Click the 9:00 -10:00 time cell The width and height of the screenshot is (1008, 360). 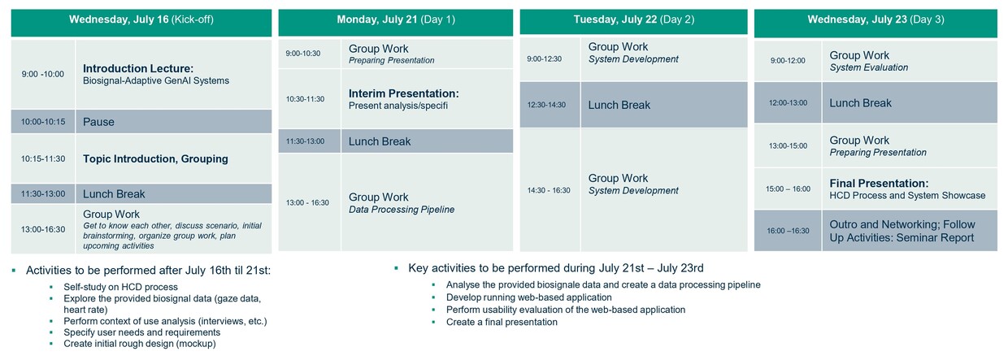[43, 74]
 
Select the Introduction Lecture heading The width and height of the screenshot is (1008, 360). [138, 68]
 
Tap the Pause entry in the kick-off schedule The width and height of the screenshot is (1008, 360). [98, 122]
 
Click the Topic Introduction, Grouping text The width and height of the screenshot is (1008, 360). [155, 158]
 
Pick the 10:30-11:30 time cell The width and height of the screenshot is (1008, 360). [305, 99]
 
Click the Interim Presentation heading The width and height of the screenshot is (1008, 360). [404, 93]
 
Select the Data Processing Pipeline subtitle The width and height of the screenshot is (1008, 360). [402, 209]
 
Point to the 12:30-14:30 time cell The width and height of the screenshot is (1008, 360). [546, 105]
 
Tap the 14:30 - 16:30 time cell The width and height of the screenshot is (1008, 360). [549, 190]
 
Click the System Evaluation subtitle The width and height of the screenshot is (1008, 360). [868, 67]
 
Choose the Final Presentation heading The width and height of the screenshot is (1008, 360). [879, 184]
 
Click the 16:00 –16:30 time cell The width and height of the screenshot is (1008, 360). [788, 231]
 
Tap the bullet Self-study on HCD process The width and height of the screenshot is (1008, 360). [120, 287]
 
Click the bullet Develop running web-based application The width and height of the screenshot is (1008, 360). [528, 297]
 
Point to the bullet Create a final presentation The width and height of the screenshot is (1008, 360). [502, 322]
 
